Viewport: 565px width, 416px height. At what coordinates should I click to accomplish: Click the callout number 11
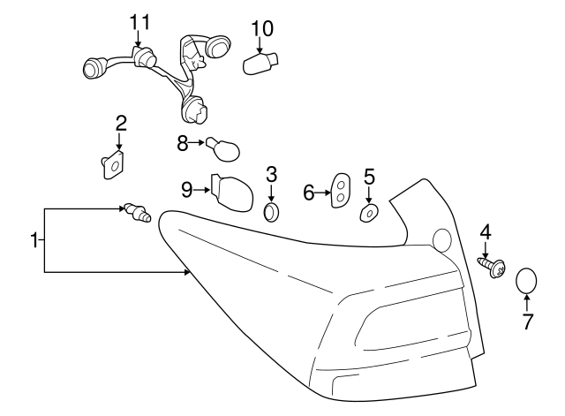click(140, 19)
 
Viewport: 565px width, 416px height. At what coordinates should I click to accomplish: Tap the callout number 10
click(261, 27)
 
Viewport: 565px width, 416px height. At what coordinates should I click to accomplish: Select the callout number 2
click(121, 122)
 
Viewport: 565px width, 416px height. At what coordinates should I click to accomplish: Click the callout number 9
click(186, 188)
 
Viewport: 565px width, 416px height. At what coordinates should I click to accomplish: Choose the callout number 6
click(309, 192)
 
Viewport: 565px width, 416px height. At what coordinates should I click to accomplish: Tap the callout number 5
click(369, 175)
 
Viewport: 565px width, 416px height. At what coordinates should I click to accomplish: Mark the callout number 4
click(486, 232)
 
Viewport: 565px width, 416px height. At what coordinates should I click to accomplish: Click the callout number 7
click(528, 321)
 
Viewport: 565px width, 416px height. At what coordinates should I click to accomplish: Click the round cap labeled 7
click(526, 281)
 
